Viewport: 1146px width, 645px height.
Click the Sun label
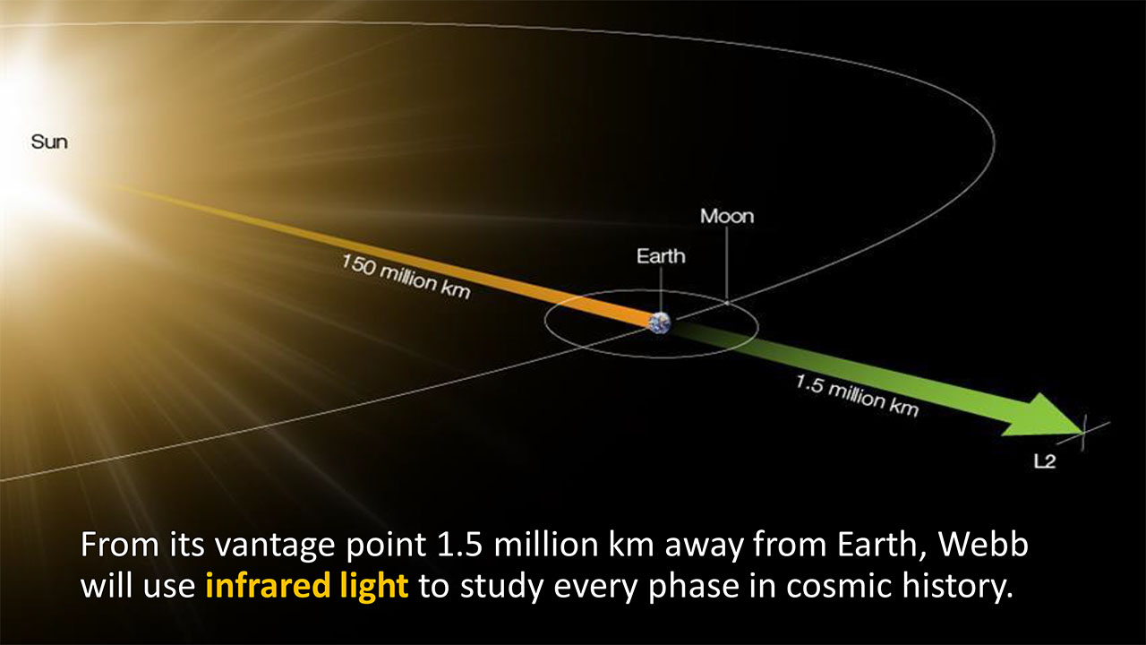[49, 142]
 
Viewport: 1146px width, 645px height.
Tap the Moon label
[727, 216]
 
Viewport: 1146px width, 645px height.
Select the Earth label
[661, 256]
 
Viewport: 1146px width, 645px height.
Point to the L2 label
[1045, 461]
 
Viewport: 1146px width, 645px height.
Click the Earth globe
[660, 323]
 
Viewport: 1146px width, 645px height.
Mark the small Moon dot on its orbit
[726, 303]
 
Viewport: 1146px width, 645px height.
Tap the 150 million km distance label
[406, 277]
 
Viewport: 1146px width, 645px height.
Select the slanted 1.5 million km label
[858, 395]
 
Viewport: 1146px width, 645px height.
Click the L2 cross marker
[1083, 433]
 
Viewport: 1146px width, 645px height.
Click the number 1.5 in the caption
[460, 544]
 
